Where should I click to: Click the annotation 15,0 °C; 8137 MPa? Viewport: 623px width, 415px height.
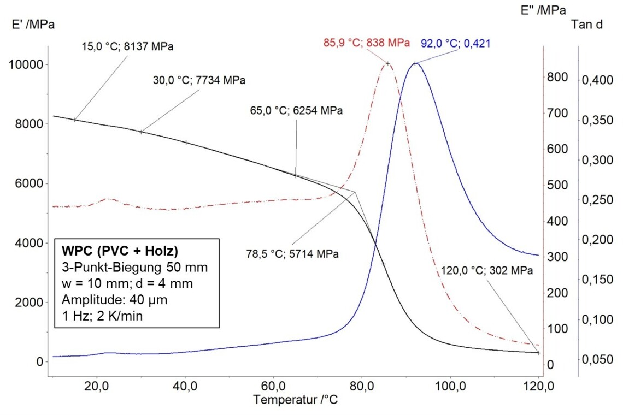(127, 47)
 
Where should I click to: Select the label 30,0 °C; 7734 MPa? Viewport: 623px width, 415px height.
(199, 80)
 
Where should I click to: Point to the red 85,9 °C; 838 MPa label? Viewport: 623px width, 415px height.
(366, 43)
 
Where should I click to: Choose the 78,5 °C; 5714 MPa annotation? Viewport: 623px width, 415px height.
(291, 254)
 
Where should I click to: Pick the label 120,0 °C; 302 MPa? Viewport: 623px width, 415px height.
(486, 270)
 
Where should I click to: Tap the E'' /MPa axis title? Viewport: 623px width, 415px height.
(543, 10)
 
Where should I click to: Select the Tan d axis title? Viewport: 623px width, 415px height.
(586, 24)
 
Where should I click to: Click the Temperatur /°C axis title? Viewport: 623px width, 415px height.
(295, 400)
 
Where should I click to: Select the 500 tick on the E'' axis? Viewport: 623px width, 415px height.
(556, 185)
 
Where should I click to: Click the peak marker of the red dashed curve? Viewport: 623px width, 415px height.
(388, 63)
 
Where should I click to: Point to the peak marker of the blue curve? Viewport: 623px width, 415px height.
(415, 63)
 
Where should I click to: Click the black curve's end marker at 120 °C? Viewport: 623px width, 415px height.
(538, 353)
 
